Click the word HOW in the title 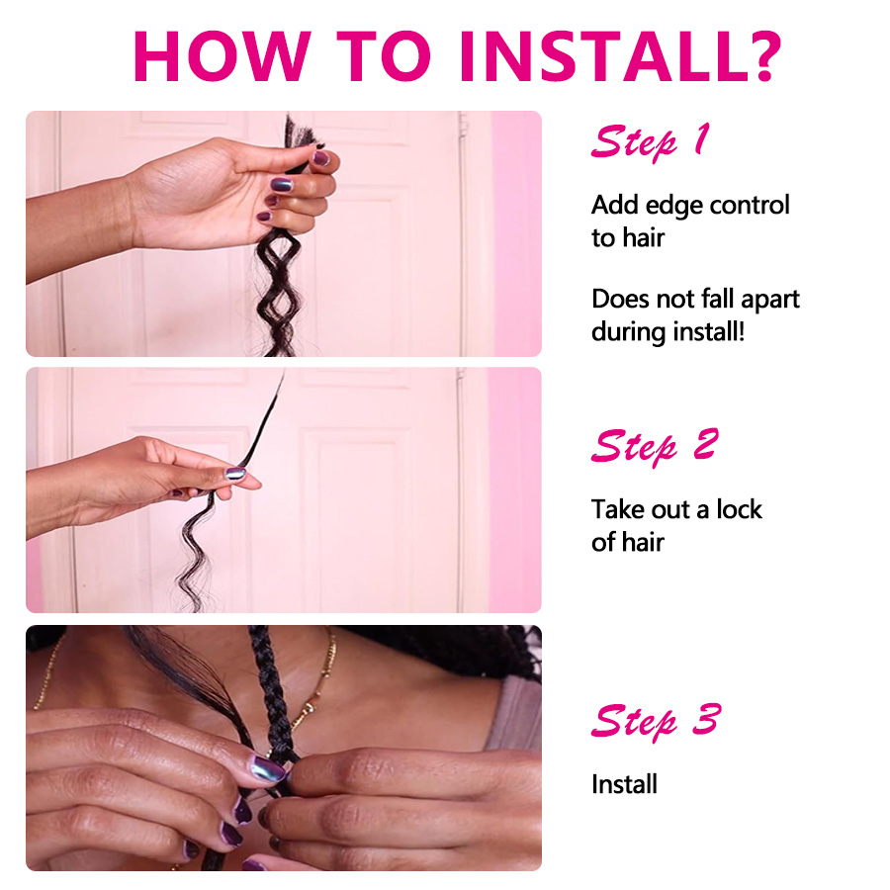tap(222, 55)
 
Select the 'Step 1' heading tap(650, 141)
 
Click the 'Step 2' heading tap(655, 447)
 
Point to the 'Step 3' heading tap(656, 722)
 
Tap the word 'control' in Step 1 tap(750, 205)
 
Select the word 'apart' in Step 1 tap(770, 301)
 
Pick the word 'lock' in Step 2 tap(739, 509)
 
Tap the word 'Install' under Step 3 tap(624, 784)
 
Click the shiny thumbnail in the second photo tap(235, 474)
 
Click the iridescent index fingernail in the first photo tap(282, 185)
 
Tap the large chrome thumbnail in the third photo tap(267, 769)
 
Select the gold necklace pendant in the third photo tap(311, 708)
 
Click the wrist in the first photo tap(128, 213)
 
